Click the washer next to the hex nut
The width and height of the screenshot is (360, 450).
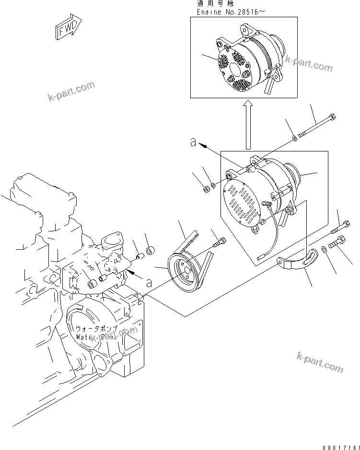click(213, 184)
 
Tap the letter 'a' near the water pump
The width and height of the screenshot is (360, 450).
click(149, 283)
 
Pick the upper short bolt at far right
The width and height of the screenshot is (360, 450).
click(344, 223)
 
